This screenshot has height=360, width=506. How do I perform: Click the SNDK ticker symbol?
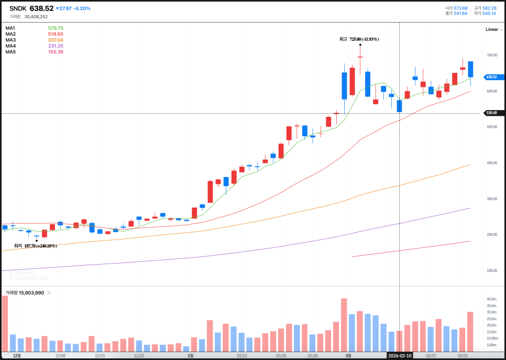18,8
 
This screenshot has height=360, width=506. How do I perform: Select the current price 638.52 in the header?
41,8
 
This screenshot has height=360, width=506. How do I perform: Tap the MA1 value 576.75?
55,28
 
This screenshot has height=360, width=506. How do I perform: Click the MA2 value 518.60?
55,34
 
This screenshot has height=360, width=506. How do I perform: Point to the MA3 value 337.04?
55,40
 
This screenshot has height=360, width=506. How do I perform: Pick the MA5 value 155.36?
55,52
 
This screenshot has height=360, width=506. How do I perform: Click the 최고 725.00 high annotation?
359,39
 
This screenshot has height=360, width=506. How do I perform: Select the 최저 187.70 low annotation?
35,246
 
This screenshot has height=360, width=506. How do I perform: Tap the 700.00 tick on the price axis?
491,55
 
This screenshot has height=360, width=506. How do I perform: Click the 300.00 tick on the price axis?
491,199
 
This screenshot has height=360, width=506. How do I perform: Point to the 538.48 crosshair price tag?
492,113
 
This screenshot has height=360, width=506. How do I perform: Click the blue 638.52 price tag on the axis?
492,77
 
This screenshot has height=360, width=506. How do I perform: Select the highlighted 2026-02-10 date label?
400,355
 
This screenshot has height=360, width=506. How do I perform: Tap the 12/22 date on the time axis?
139,355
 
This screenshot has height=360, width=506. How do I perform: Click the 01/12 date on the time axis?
242,355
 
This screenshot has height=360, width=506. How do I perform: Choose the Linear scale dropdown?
492,29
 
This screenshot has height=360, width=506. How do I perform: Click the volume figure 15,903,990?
31,293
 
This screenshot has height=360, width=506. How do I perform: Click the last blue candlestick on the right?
470,69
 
